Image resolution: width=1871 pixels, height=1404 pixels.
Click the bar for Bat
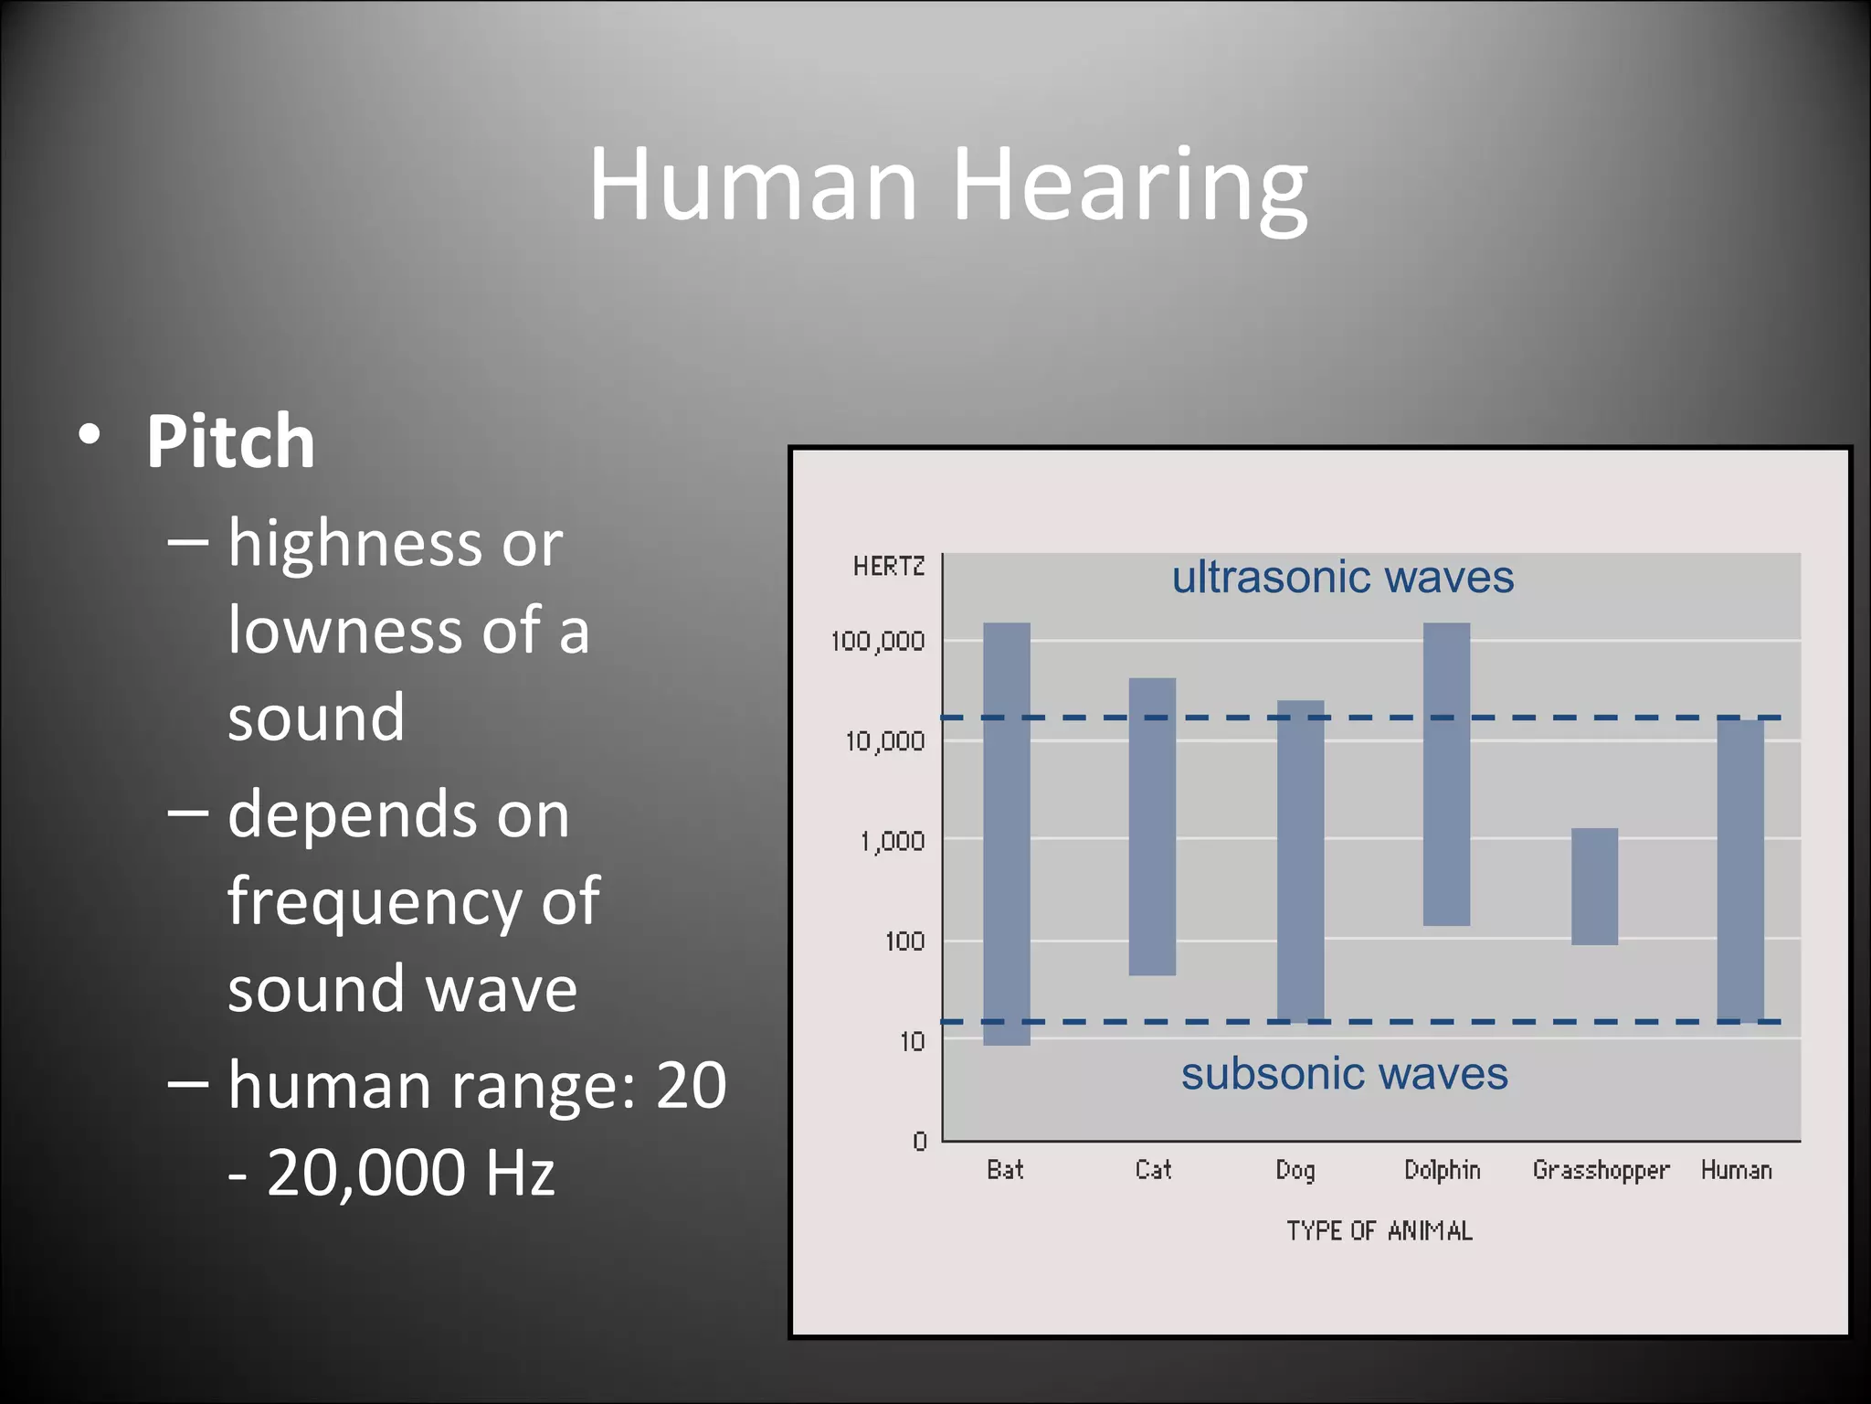tap(1006, 834)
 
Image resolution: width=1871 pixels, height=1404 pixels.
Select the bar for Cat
tap(1152, 826)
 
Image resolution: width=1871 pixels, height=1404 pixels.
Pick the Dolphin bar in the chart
tap(1446, 774)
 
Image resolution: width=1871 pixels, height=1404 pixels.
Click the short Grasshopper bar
tap(1594, 886)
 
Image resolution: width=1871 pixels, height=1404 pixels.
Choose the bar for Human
tap(1740, 870)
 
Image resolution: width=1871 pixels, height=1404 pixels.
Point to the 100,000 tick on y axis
tap(877, 642)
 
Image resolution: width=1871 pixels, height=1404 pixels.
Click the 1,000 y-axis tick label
tap(892, 841)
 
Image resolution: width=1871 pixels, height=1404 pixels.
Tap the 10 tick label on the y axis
tap(912, 1041)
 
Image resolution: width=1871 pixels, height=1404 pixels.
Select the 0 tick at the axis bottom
tap(919, 1141)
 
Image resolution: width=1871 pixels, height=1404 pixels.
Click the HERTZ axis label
tap(888, 567)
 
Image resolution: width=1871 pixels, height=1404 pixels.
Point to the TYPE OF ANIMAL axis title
tap(1379, 1231)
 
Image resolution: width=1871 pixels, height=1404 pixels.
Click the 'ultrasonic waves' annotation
tap(1342, 578)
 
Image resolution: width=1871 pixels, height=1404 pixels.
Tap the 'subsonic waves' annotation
tap(1344, 1073)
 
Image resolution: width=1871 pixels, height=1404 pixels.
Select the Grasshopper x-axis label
tap(1601, 1171)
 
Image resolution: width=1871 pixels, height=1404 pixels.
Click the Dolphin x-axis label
tap(1442, 1170)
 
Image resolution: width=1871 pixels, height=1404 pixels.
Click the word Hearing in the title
tap(1130, 186)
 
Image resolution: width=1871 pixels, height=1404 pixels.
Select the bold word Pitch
tap(230, 441)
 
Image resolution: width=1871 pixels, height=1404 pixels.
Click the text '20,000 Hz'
tap(410, 1173)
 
